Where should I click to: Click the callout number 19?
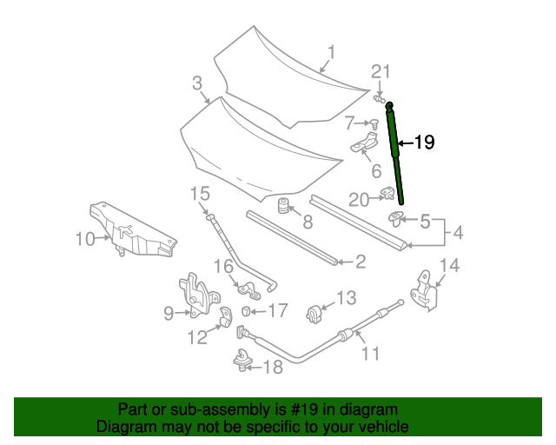click(423, 143)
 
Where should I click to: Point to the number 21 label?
click(382, 71)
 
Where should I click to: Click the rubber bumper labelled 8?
click(283, 209)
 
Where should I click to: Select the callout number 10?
click(85, 237)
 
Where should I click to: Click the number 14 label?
click(448, 265)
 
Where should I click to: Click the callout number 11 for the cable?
click(371, 353)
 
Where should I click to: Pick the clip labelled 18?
click(240, 358)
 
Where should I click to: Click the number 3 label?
click(197, 83)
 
